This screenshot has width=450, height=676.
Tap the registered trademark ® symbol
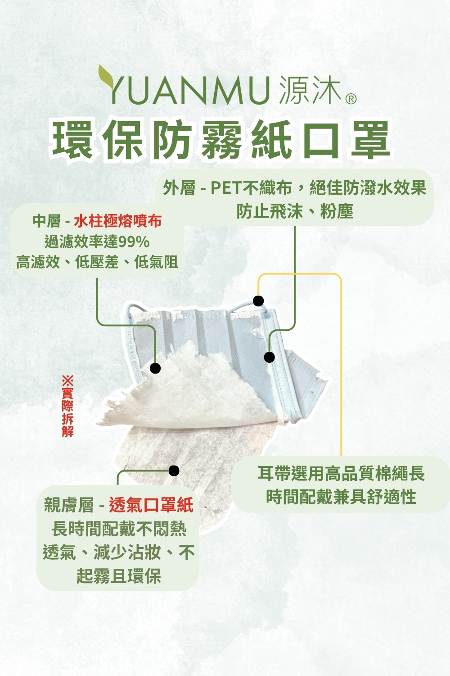350,99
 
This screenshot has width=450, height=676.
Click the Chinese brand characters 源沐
310,89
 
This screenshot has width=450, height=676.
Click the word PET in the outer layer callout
226,188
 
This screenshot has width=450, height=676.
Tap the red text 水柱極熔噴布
118,221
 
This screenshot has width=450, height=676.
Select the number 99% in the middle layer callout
134,242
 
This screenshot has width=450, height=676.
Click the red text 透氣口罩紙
151,505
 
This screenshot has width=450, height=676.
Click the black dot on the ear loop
258,301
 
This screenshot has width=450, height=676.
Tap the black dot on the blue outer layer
269,357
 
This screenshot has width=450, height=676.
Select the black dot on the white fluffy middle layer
155,368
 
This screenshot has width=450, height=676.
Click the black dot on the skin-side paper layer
174,470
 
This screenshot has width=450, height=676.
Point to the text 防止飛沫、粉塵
294,211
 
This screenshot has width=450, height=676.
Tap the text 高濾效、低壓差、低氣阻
97,262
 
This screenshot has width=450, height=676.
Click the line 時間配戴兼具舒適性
341,497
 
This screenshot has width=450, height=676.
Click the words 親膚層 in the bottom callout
69,505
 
